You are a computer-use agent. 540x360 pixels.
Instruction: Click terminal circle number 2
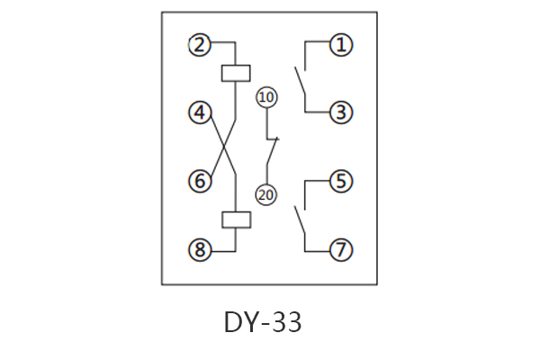tap(200, 44)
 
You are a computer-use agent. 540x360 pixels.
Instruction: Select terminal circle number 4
tap(200, 112)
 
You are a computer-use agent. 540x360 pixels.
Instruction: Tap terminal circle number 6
tap(200, 181)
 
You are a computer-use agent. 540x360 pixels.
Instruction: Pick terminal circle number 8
tap(200, 249)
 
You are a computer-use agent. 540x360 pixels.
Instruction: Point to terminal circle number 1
tap(339, 44)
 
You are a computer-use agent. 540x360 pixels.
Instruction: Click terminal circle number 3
tap(339, 112)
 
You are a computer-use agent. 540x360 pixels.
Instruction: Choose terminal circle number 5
tap(339, 181)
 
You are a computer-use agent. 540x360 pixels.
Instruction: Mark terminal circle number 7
tap(339, 249)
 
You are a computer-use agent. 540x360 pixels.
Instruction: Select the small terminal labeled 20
tap(266, 193)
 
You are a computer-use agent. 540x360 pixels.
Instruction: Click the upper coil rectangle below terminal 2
tap(234, 73)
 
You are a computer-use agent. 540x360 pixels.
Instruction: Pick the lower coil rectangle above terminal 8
tap(234, 220)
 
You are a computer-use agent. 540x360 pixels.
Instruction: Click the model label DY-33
tap(263, 321)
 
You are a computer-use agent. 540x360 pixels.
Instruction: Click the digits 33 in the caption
tap(287, 321)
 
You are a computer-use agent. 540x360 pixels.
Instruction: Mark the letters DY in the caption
tap(238, 321)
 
